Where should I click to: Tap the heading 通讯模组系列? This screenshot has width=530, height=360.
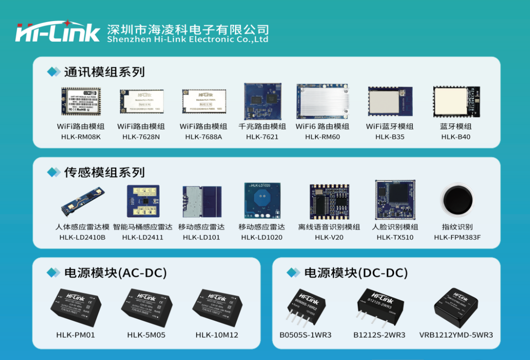104,72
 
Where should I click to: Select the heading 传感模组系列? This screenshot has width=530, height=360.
104,173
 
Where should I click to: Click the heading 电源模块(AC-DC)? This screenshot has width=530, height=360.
115,273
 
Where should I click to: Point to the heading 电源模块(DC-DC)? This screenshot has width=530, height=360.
356,273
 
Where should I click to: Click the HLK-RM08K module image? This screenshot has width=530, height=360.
81,102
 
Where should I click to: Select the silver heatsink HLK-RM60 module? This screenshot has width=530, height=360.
322,102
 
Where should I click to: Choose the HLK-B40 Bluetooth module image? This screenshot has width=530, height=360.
456,102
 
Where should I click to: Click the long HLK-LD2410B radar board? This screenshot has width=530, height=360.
83,201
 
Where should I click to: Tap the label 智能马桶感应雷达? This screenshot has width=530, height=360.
143,227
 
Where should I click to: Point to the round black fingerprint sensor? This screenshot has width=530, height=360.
457,201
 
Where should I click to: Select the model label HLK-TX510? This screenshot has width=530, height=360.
395,237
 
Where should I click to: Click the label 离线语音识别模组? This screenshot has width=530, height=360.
329,227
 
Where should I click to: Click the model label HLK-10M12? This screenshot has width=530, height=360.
216,335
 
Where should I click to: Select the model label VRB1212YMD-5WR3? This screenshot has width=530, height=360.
456,335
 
